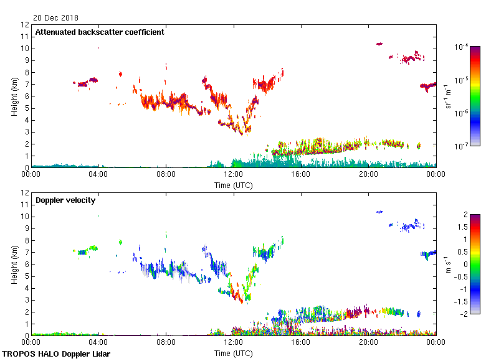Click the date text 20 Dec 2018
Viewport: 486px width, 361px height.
[x=56, y=17]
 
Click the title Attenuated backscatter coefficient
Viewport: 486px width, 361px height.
[x=100, y=32]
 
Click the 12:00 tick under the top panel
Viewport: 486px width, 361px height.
[x=233, y=174]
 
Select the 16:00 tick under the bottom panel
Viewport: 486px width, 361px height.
[x=300, y=342]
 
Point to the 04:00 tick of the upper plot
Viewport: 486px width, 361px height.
[x=98, y=174]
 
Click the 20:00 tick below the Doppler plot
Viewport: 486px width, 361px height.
[x=368, y=342]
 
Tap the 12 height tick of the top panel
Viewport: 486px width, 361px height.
[x=25, y=25]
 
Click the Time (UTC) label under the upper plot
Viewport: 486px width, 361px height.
[x=233, y=185]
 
